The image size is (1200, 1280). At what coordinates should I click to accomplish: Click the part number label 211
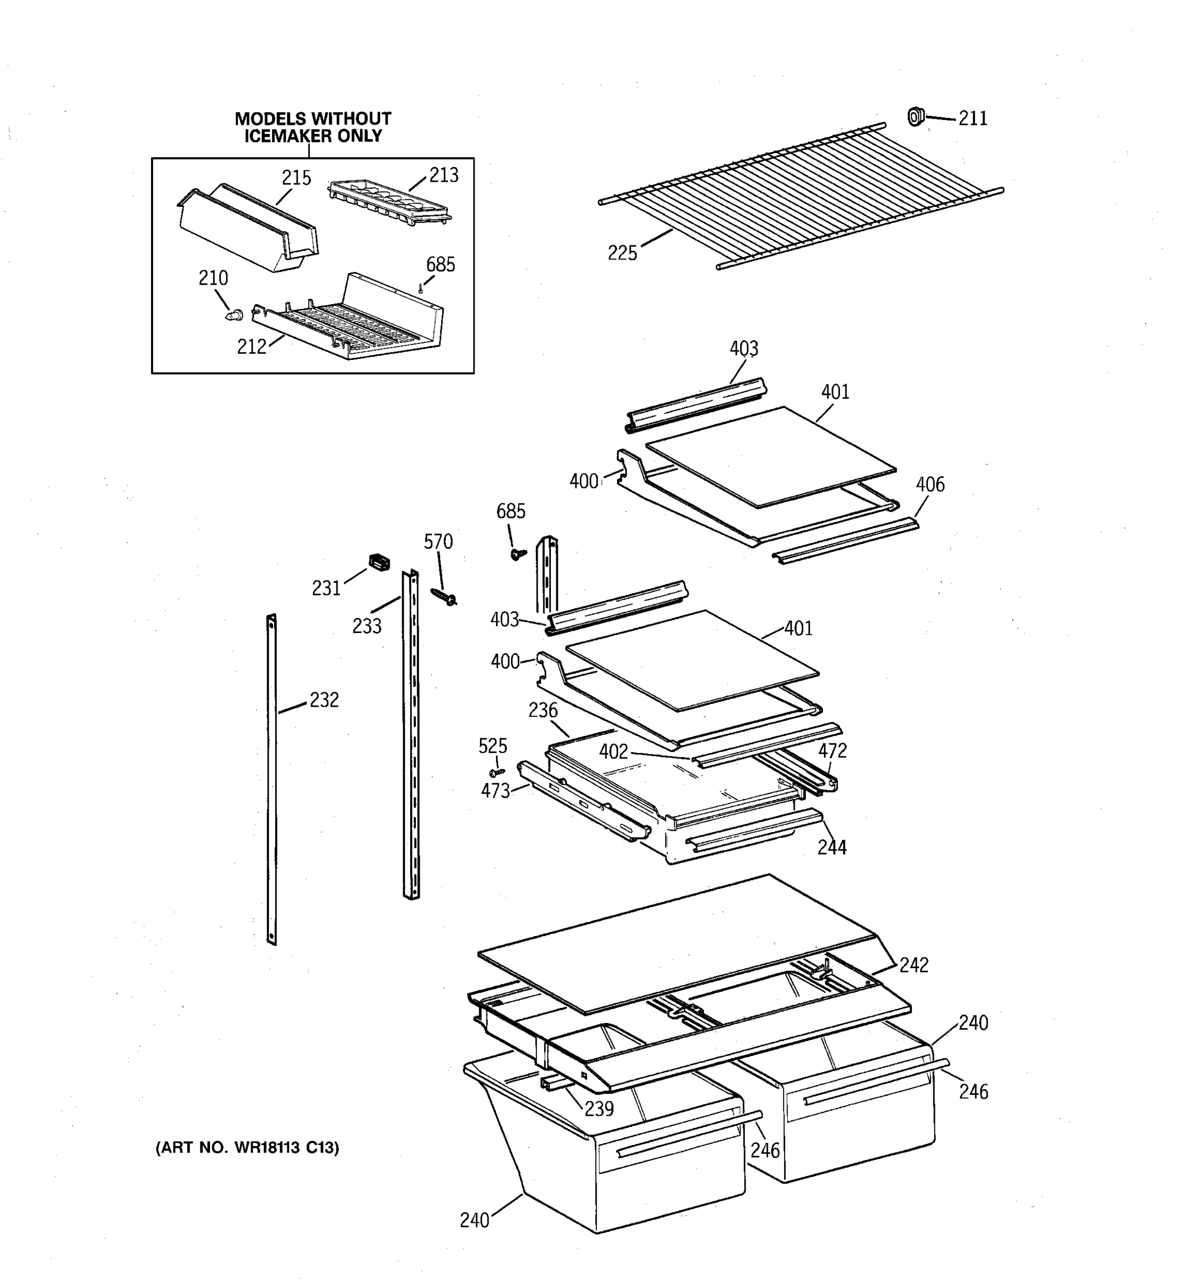[972, 118]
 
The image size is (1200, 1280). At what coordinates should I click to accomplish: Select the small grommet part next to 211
[915, 117]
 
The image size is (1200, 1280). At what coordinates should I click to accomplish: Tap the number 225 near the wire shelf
[622, 253]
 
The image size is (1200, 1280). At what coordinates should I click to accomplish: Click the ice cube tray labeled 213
[388, 202]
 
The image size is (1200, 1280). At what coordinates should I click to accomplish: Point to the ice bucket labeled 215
[248, 229]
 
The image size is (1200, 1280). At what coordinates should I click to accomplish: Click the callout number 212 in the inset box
[251, 347]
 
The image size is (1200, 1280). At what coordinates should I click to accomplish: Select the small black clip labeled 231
[379, 562]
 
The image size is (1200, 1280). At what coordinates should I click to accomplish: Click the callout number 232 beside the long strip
[323, 700]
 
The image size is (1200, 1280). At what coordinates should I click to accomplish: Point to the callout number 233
[366, 626]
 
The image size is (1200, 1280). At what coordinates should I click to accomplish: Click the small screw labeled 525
[497, 771]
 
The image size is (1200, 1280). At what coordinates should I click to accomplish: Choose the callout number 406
[930, 484]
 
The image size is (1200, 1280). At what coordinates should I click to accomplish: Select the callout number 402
[613, 751]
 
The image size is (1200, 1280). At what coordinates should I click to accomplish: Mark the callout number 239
[599, 1108]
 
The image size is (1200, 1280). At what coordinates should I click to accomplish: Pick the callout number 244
[832, 847]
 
